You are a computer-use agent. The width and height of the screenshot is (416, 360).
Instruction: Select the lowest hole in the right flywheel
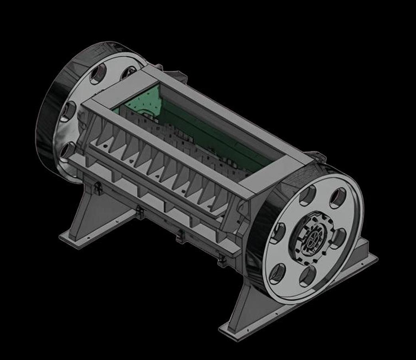pos(308,276)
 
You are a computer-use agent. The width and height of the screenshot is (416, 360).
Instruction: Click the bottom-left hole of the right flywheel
pos(277,273)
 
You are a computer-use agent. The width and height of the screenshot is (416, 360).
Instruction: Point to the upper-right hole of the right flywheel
pos(338,197)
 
